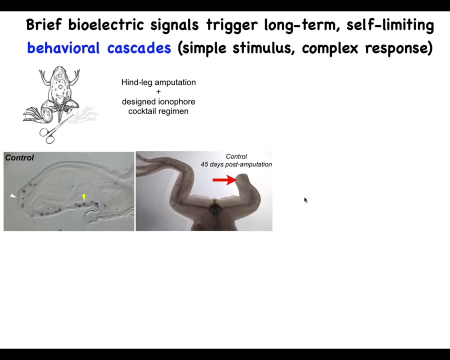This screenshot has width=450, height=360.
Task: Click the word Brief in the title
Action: pos(43,24)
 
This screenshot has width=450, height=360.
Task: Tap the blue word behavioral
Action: pos(63,47)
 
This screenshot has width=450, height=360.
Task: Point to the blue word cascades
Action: pos(139,47)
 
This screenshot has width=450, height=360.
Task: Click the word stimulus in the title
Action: pos(263,47)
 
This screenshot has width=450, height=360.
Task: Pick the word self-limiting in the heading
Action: pos(390,24)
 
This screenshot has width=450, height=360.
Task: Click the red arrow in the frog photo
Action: pos(225,180)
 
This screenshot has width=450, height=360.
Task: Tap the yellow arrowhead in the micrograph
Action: pos(84,197)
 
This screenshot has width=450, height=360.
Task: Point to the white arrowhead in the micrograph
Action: pos(13,196)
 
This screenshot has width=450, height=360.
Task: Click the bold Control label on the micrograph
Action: pos(19,157)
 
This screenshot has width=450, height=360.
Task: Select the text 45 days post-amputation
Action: pos(236,164)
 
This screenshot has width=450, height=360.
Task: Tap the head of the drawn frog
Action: pos(59,72)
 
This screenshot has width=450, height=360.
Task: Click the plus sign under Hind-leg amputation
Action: pos(158,92)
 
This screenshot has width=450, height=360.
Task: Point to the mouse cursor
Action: pos(305,200)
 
